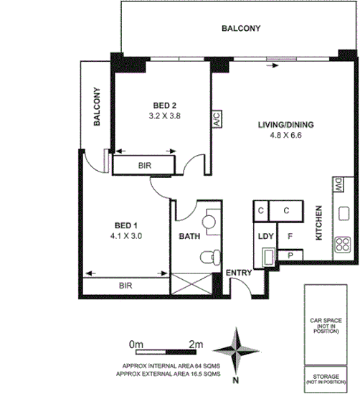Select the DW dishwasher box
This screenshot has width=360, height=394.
pos(337,184)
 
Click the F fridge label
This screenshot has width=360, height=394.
pos(290,235)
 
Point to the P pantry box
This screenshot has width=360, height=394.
pos(290,255)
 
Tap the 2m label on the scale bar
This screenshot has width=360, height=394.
pos(194,344)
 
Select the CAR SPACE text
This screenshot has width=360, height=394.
pos(327,321)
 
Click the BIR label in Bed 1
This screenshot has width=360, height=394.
pos(126,286)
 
